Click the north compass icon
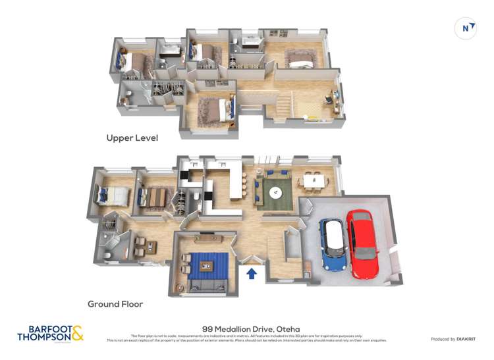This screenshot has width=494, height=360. (466, 28)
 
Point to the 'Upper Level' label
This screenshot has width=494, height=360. (132, 138)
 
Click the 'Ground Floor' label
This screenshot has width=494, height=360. (115, 304)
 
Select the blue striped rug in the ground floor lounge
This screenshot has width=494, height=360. (209, 266)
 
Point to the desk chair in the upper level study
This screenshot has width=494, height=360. (327, 100)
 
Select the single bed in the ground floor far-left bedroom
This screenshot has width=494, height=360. (113, 195)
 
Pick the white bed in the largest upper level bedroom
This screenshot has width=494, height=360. (301, 64)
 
